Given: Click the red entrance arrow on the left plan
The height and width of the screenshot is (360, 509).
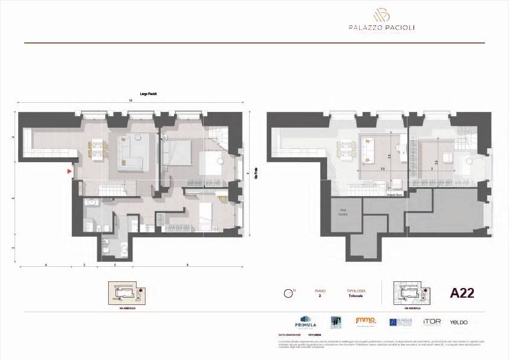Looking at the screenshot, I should click(70, 172).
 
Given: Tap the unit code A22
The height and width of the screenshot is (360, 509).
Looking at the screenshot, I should click(462, 293).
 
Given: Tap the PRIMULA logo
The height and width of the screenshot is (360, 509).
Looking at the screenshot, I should click(305, 322).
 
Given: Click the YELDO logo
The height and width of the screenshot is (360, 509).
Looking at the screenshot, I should click(459, 322).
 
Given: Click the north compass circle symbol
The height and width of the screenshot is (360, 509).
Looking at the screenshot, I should click(288, 294).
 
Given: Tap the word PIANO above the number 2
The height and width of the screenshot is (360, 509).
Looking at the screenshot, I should click(320, 291).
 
